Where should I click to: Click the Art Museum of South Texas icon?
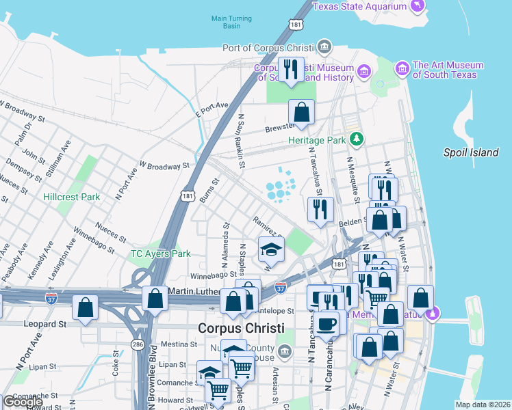402,68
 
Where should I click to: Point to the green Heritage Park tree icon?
355,139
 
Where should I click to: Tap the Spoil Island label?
470,152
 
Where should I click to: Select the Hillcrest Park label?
71,197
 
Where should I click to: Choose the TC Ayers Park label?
161,254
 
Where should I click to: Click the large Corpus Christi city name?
240,328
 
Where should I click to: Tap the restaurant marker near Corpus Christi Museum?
291,70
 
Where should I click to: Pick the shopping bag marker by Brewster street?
301,113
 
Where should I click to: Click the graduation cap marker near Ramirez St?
271,250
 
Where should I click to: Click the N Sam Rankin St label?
241,141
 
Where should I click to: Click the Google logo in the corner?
23,402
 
